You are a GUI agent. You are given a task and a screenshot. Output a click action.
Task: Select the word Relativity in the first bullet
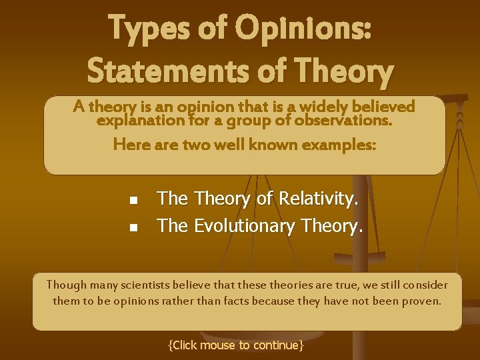tap(317, 198)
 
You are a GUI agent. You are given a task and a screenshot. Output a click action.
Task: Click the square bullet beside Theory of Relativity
tap(133, 199)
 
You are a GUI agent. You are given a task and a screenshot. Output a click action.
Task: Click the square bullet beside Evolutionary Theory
tap(133, 227)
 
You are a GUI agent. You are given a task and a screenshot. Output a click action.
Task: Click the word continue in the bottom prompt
tap(277, 345)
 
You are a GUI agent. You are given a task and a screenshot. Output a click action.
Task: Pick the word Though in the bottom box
tap(63, 285)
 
